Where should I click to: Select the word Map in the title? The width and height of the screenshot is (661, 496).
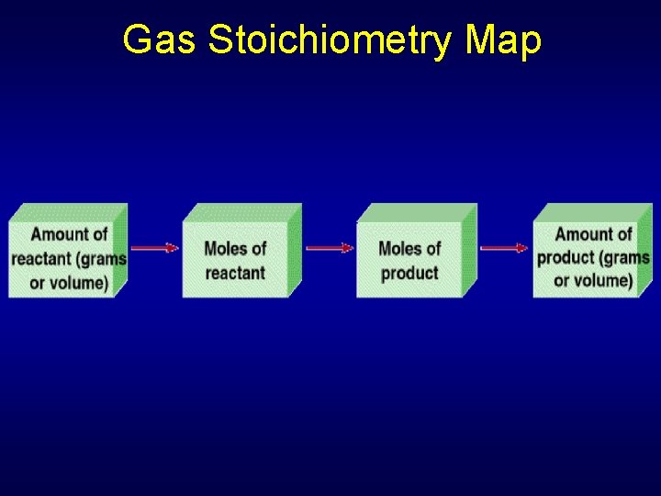pos(504,40)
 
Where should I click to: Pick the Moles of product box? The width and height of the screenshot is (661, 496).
pos(409,260)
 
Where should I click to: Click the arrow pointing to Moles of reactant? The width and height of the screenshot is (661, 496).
pos(153,247)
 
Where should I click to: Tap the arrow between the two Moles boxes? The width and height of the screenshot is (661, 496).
pos(329,247)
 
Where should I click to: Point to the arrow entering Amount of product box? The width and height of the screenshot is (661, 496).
pos(504,247)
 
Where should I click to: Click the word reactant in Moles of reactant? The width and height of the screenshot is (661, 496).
pos(235,273)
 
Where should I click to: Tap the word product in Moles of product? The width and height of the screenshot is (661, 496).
pos(409,273)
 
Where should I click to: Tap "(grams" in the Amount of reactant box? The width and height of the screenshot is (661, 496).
pos(102,259)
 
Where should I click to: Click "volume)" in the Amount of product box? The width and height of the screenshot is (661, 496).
pos(602,281)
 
